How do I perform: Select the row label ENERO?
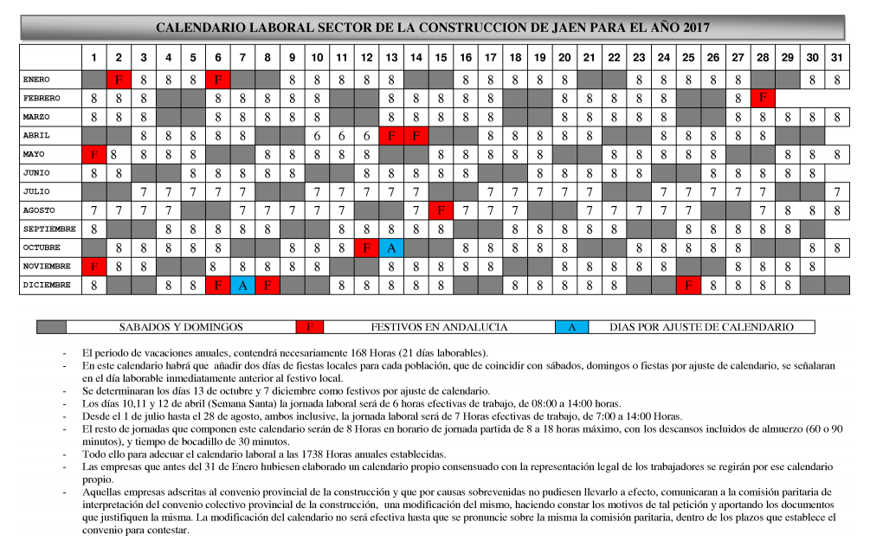(x=37, y=80)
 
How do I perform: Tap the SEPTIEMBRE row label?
(x=48, y=229)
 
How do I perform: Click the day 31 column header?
(x=837, y=58)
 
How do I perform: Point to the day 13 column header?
(x=391, y=58)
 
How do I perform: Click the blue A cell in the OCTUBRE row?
(x=391, y=248)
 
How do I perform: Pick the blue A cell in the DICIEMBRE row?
(x=243, y=285)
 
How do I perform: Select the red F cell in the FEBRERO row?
(x=763, y=98)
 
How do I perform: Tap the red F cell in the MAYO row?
(x=93, y=154)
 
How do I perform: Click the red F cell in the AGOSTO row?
(x=441, y=210)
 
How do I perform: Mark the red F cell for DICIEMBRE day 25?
(x=688, y=285)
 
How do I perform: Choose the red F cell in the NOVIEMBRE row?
(x=93, y=267)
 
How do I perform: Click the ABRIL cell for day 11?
(x=342, y=136)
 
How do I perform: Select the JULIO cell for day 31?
(x=837, y=191)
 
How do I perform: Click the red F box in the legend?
(x=309, y=327)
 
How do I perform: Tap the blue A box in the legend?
(x=571, y=327)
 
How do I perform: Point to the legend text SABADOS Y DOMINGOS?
(x=180, y=327)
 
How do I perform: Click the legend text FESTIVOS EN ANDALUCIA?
(x=439, y=327)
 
